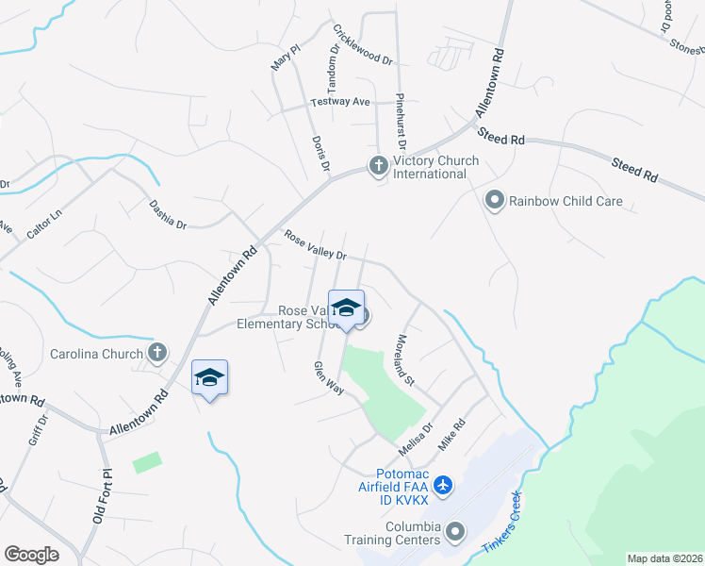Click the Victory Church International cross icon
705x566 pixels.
coord(379,167)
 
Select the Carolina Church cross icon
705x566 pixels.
coord(157,354)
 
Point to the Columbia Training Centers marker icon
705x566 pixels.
coord(455,532)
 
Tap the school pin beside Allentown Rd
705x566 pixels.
coord(209,378)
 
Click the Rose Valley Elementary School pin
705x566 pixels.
coord(346,308)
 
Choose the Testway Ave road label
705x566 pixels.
coord(340,101)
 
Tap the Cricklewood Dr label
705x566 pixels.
coord(363,45)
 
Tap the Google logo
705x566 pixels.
coord(31,554)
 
